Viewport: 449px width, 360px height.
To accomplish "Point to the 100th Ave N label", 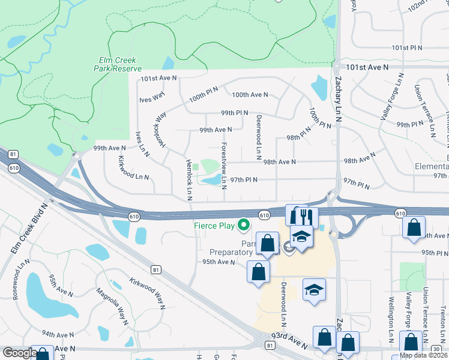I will coord(250,95).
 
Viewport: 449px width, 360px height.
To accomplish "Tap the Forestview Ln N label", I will coord(223,162).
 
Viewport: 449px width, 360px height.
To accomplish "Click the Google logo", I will coord(19,353).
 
